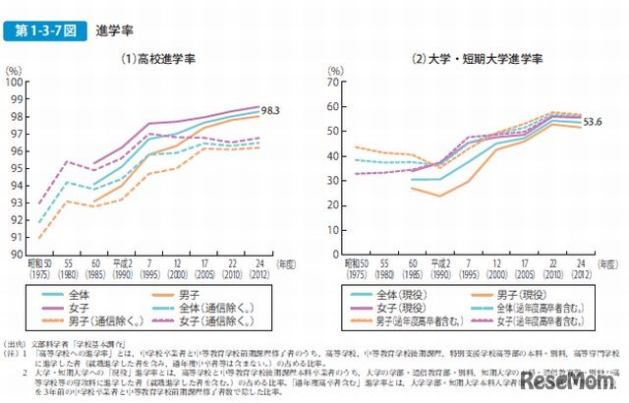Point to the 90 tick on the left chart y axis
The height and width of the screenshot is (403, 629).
(x=19, y=255)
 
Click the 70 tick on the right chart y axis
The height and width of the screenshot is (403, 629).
(x=336, y=82)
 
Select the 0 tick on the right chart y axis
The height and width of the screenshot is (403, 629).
(x=339, y=255)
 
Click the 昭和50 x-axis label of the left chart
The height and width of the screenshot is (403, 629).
(x=40, y=268)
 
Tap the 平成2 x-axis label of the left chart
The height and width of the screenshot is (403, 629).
(x=121, y=268)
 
